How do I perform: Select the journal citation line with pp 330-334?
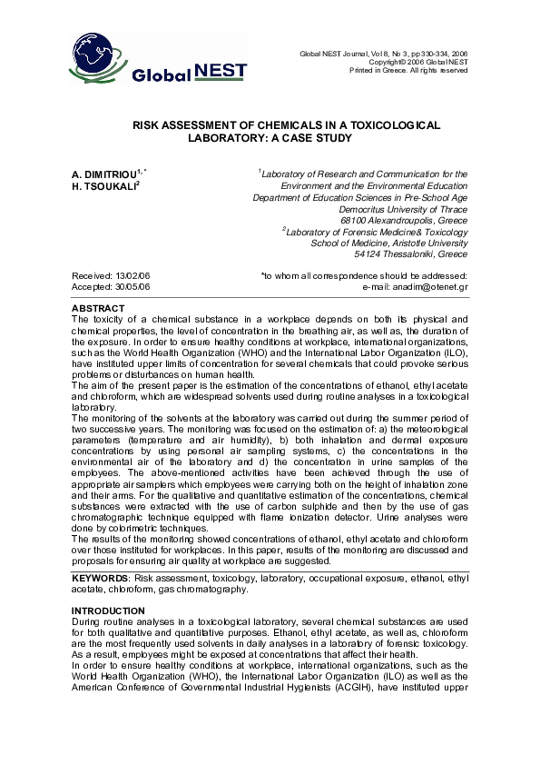click(x=383, y=55)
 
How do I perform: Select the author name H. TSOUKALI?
click(x=100, y=184)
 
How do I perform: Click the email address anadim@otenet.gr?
click(x=429, y=286)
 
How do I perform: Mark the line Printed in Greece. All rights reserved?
click(x=408, y=71)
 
